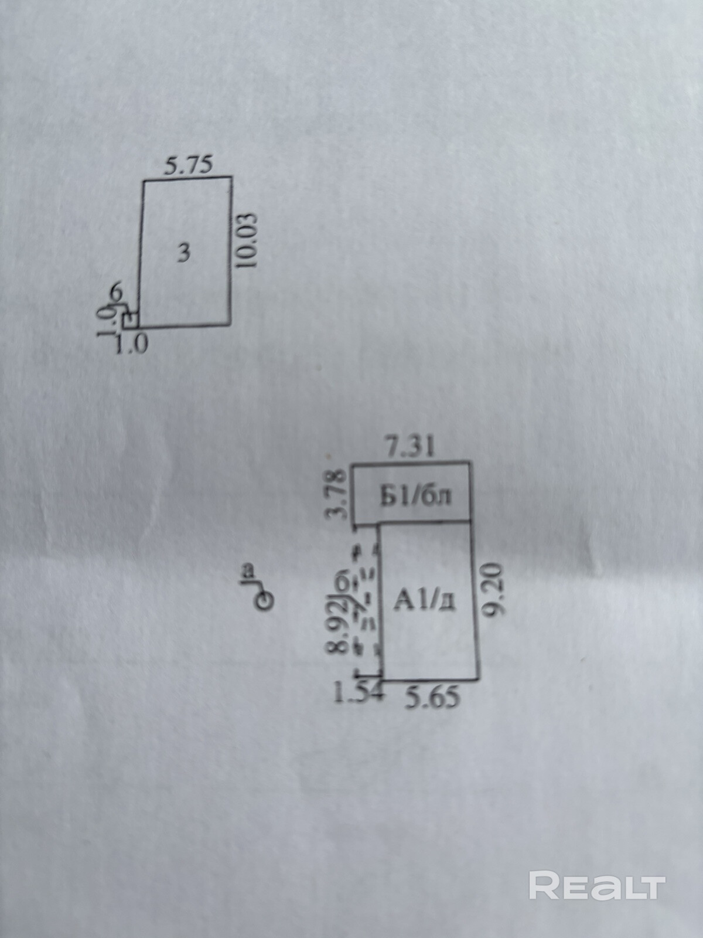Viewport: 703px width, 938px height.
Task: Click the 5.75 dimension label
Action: click(x=187, y=165)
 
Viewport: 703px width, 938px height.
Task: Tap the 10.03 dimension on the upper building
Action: click(x=248, y=240)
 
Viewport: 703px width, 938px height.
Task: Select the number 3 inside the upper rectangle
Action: click(x=183, y=253)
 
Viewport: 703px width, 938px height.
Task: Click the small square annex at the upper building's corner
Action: click(x=131, y=320)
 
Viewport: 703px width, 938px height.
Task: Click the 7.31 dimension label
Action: click(x=410, y=448)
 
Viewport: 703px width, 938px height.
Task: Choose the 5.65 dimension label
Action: click(x=434, y=698)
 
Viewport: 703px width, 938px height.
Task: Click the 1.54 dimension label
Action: click(x=357, y=694)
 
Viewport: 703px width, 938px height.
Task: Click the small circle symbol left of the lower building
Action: click(x=265, y=599)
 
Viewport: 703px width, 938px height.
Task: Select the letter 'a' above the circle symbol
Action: click(x=248, y=569)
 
